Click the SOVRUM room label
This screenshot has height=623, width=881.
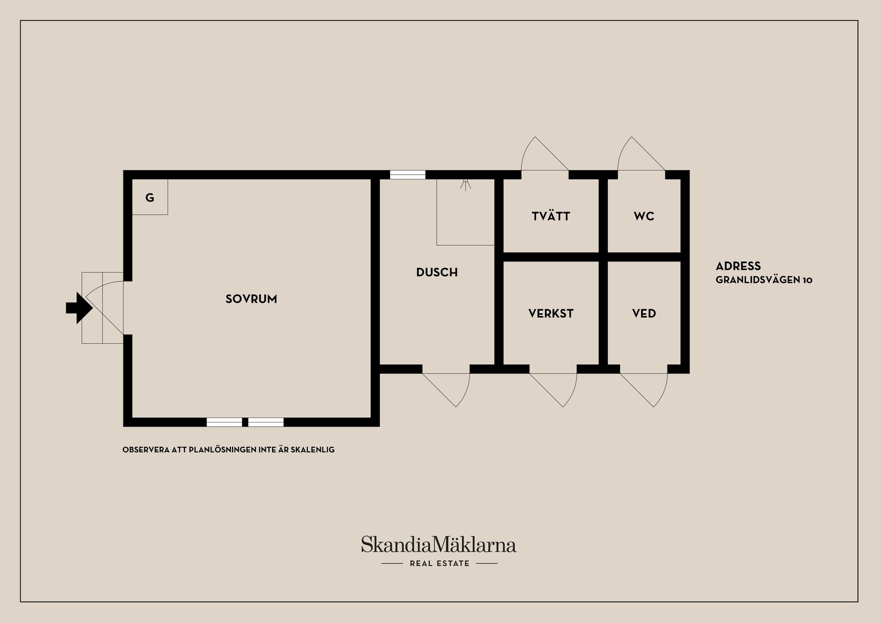pyautogui.click(x=251, y=299)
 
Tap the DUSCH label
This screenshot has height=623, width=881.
pyautogui.click(x=437, y=273)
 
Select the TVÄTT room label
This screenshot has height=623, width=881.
pyautogui.click(x=551, y=216)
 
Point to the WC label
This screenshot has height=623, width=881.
pyautogui.click(x=644, y=217)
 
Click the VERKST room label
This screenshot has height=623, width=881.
pyautogui.click(x=551, y=314)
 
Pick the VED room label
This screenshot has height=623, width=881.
pyautogui.click(x=644, y=314)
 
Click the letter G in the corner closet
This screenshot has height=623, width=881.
pyautogui.click(x=150, y=198)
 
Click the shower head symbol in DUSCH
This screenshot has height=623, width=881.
pyautogui.click(x=466, y=184)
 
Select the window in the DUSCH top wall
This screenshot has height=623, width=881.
pyautogui.click(x=407, y=175)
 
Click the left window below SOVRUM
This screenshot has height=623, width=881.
pyautogui.click(x=224, y=422)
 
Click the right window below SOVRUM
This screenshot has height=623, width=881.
pyautogui.click(x=266, y=422)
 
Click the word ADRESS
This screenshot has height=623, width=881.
pyautogui.click(x=738, y=266)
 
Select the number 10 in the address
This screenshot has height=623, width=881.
pyautogui.click(x=808, y=280)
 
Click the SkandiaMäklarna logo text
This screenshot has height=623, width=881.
pyautogui.click(x=439, y=545)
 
